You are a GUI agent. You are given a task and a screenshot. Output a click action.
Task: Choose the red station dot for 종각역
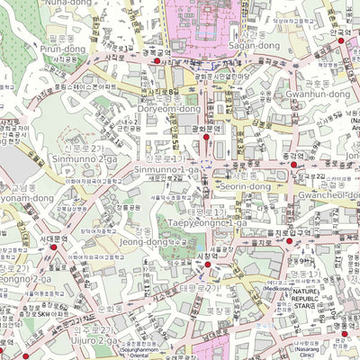pos(294,164)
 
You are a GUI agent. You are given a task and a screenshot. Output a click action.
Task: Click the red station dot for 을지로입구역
pos(290,242)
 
